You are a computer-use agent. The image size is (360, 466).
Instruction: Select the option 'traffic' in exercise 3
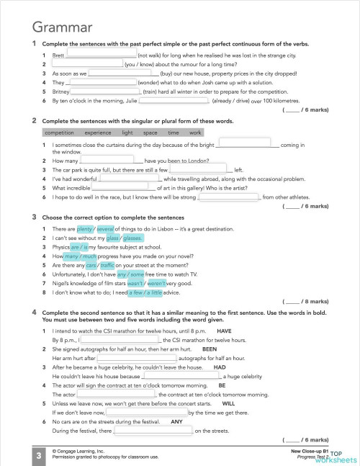point(112,265)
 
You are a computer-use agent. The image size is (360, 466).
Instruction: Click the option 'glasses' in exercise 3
point(132,237)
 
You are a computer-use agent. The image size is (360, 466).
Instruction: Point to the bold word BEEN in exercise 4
point(209,349)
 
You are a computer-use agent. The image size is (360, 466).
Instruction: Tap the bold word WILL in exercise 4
point(228,404)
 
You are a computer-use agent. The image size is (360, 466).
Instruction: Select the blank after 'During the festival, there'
point(153,431)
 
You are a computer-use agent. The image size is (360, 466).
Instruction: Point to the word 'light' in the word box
point(127,133)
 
